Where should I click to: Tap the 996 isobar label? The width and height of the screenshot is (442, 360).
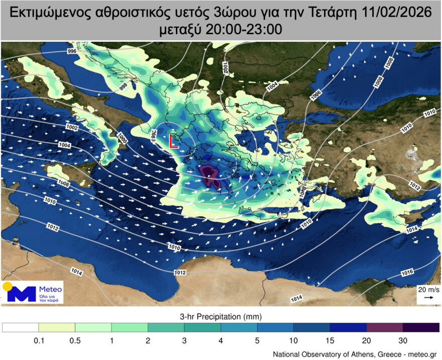coord(72,52)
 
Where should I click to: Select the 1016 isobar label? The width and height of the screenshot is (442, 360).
coord(407,273)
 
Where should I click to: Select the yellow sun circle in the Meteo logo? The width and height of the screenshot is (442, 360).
coord(7,287)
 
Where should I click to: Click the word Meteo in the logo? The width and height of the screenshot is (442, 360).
coord(50,289)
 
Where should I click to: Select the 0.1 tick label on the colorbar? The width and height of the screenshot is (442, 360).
coord(39,340)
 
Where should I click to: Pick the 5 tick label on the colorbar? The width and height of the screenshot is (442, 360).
coord(258,340)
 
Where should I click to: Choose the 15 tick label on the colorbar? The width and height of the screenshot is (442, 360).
coord(330,340)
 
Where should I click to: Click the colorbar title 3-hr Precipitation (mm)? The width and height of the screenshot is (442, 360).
coord(221,317)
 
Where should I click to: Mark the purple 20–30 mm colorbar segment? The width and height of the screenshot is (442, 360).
coord(385,327)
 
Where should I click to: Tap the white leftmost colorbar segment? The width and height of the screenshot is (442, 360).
coord(21,327)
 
